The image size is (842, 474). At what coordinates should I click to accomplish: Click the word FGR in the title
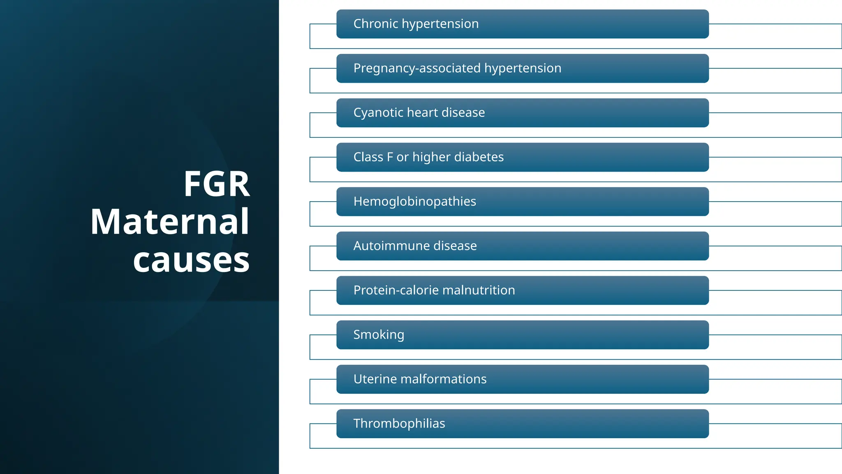click(x=217, y=184)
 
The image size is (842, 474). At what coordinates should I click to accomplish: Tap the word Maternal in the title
click(x=170, y=222)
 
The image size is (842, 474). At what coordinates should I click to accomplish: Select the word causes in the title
click(x=191, y=260)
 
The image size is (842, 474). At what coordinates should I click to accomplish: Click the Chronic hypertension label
click(x=416, y=24)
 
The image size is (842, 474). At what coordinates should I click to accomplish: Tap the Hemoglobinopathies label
click(x=414, y=202)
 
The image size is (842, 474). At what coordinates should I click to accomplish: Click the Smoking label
click(x=379, y=335)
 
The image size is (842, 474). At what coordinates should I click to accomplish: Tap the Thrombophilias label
click(x=399, y=424)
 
